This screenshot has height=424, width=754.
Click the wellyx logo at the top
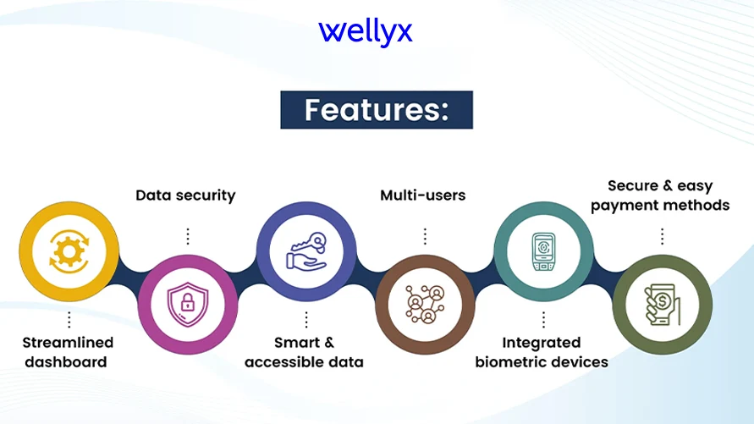(x=366, y=33)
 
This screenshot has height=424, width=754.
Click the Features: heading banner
(x=377, y=110)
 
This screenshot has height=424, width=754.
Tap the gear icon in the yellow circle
(x=69, y=251)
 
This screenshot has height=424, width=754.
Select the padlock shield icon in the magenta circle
(x=188, y=305)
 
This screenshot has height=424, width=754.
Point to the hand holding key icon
(x=306, y=251)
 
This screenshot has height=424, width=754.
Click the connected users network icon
(x=425, y=305)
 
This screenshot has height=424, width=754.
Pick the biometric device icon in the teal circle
(x=544, y=251)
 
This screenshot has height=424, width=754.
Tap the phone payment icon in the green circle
(x=662, y=305)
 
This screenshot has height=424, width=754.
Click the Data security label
(x=185, y=195)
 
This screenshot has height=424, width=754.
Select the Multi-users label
(x=422, y=195)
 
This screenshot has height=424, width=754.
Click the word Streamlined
(x=68, y=343)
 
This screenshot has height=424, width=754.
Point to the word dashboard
(x=66, y=362)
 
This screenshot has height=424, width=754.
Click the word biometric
(x=509, y=362)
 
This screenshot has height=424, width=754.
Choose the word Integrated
(x=542, y=343)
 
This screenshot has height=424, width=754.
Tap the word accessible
(x=280, y=362)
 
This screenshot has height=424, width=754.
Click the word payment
(x=621, y=206)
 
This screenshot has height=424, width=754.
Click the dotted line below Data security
(x=188, y=236)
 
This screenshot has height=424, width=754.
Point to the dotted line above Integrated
(x=544, y=320)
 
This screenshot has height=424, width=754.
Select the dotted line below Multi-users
(x=425, y=236)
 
